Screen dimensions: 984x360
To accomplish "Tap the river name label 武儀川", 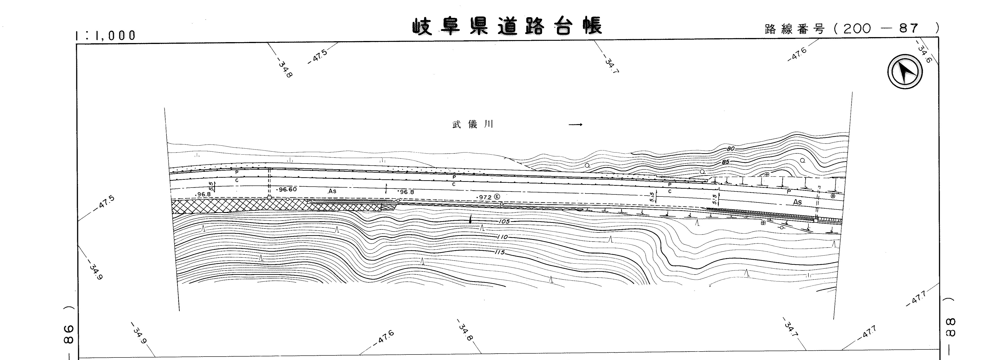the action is [x=473, y=125].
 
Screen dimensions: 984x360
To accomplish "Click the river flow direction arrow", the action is [x=575, y=125].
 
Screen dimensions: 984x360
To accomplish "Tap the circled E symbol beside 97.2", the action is [x=497, y=196].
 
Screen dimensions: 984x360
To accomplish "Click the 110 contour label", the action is [x=503, y=237].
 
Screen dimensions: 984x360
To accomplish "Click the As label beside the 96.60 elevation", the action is [x=332, y=191].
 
